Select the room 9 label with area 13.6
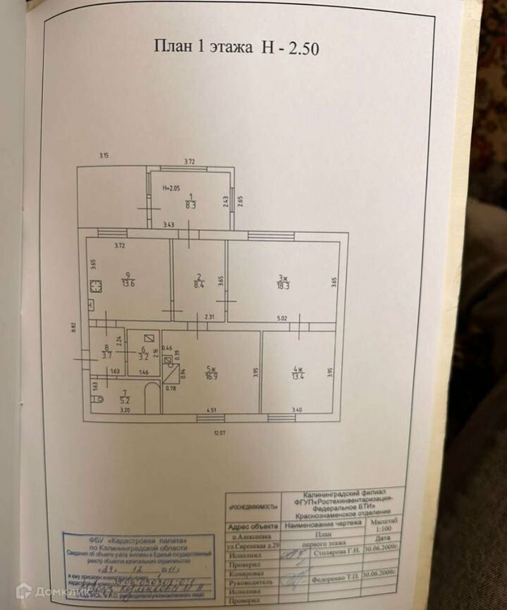point(128,280)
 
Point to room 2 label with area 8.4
point(200,281)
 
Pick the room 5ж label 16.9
point(210,371)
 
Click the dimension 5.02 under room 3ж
point(282,318)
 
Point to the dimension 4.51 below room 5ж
point(210,410)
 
